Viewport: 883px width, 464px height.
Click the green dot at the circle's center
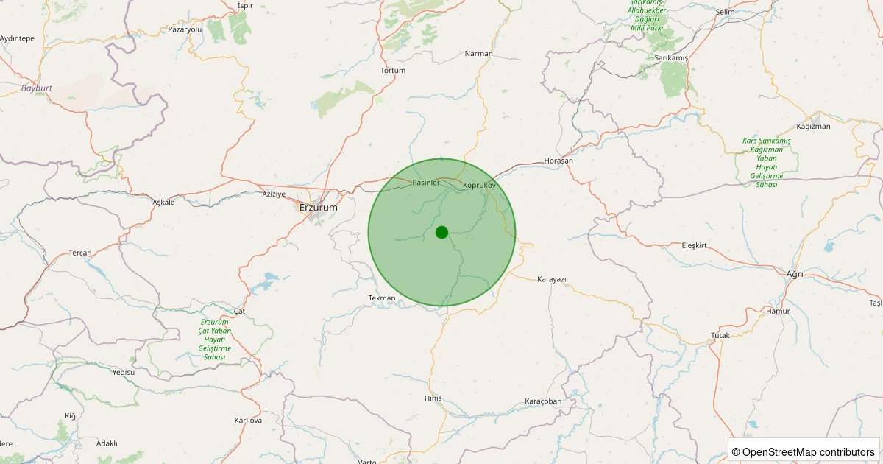click(441, 232)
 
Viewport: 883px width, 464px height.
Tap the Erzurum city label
click(319, 208)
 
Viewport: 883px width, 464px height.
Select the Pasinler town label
click(426, 182)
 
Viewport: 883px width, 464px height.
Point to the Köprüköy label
click(479, 185)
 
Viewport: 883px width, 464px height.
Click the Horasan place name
click(558, 161)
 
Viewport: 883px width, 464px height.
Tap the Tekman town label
click(382, 298)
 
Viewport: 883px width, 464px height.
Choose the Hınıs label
click(433, 398)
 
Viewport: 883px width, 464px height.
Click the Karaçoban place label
click(543, 401)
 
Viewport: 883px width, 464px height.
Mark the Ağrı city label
click(795, 274)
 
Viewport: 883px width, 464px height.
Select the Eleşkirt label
click(694, 245)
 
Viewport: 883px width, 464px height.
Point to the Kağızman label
click(813, 127)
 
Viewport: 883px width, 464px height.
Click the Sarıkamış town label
click(670, 57)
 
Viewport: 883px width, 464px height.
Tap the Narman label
click(479, 54)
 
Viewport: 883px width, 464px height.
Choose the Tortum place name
click(393, 71)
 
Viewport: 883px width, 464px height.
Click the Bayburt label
click(37, 88)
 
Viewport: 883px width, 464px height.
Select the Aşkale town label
click(163, 203)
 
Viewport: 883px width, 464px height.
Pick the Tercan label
click(80, 253)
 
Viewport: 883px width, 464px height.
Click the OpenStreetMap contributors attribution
click(804, 451)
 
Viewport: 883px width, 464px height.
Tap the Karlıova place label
click(248, 421)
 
